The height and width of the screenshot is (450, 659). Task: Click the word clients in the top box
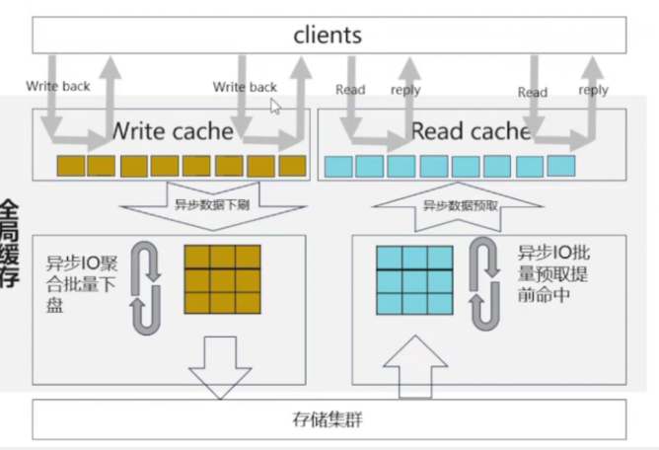tap(328, 36)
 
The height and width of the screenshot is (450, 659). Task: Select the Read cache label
tap(471, 130)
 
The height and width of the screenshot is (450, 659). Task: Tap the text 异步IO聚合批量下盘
tap(81, 285)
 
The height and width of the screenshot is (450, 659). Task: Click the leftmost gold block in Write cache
tap(70, 166)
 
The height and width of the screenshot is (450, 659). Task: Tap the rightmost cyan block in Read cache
tap(560, 165)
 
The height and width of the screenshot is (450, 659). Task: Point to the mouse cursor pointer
tap(275, 106)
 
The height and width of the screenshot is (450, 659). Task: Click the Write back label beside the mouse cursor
tap(244, 87)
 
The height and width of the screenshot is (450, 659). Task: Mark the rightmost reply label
tap(593, 90)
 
